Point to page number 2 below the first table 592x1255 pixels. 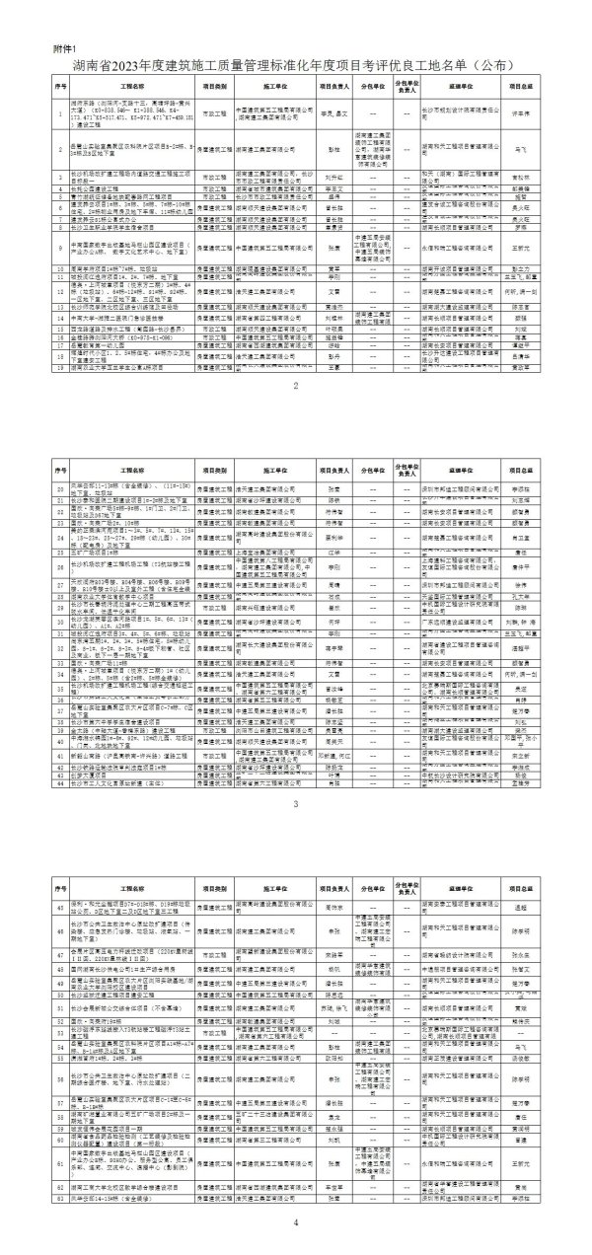[295, 411]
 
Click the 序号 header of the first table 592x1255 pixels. [59, 86]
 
